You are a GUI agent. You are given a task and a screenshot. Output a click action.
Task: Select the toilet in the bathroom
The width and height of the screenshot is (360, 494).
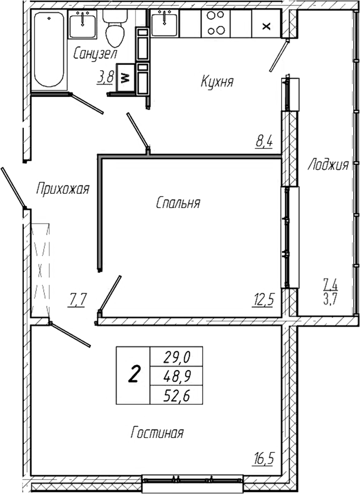pyautogui.click(x=115, y=30)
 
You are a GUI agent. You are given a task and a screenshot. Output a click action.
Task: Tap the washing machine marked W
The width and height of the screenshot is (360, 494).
pyautogui.click(x=124, y=78)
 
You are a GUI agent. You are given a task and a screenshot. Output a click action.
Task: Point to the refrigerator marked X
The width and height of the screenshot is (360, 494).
pyautogui.click(x=267, y=25)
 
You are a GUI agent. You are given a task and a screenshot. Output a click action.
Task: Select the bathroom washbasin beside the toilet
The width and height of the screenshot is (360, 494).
pyautogui.click(x=83, y=23)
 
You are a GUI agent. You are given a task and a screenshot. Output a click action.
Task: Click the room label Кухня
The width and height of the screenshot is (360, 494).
pyautogui.click(x=217, y=83)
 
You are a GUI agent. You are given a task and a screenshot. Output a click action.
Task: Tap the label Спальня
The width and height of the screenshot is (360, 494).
pyautogui.click(x=177, y=203)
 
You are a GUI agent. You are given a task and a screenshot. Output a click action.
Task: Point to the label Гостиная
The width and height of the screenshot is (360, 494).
pyautogui.click(x=157, y=433)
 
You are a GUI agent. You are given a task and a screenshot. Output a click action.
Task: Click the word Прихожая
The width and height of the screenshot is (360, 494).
pyautogui.click(x=62, y=189)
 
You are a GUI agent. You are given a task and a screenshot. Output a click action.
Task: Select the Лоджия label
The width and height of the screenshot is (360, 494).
pyautogui.click(x=328, y=165)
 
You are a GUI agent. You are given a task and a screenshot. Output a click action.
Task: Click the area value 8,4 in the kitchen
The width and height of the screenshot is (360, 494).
pyautogui.click(x=264, y=143)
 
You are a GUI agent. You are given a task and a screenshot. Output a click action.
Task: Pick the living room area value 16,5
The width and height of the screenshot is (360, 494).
pyautogui.click(x=264, y=458)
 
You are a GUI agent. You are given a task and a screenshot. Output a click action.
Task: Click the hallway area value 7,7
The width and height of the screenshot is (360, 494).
pyautogui.click(x=78, y=300)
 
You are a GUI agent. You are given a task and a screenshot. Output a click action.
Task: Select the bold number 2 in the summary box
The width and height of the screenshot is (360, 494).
pyautogui.click(x=133, y=375)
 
